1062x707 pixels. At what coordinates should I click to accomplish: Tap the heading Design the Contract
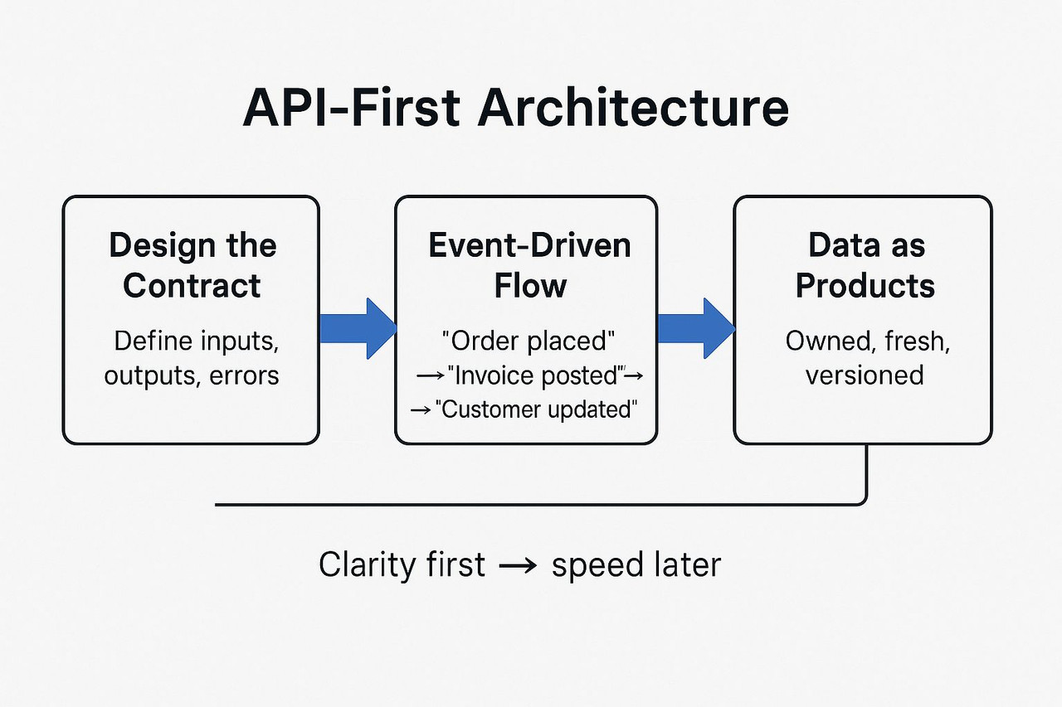pyautogui.click(x=192, y=265)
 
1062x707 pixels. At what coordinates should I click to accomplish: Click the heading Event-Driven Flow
pyautogui.click(x=529, y=265)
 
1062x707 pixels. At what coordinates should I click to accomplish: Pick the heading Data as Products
pyautogui.click(x=865, y=265)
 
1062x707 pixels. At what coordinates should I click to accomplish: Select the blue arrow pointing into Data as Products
pyautogui.click(x=695, y=328)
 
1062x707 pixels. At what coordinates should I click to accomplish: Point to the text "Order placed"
pyautogui.click(x=529, y=341)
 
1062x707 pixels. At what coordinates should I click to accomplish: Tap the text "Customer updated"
pyautogui.click(x=536, y=409)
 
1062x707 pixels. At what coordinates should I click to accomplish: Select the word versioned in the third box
pyautogui.click(x=865, y=375)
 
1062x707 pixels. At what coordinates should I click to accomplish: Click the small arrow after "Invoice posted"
pyautogui.click(x=634, y=376)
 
